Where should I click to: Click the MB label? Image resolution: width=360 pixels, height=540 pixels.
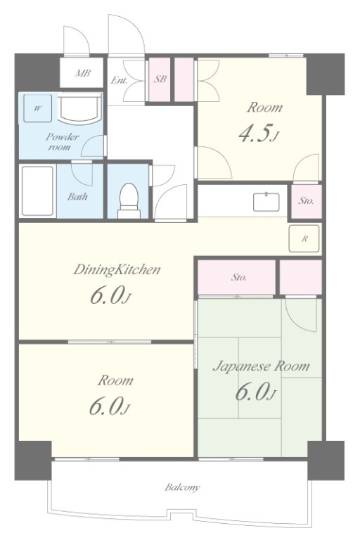pyautogui.click(x=83, y=73)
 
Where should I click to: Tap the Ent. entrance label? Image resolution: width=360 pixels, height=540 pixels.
pyautogui.click(x=119, y=81)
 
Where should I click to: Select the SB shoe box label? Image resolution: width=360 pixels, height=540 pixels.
pyautogui.click(x=160, y=79)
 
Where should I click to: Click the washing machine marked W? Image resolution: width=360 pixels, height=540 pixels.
pyautogui.click(x=37, y=108)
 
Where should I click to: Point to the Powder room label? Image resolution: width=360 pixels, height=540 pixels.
pyautogui.click(x=62, y=141)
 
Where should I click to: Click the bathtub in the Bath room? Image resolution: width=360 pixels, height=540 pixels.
pyautogui.click(x=37, y=191)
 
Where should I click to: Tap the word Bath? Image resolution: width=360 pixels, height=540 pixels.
pyautogui.click(x=77, y=197)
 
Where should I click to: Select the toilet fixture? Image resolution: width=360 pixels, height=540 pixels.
pyautogui.click(x=129, y=201)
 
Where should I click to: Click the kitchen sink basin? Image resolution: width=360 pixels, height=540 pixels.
pyautogui.click(x=266, y=202)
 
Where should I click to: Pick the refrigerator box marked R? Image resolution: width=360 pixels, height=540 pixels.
pyautogui.click(x=304, y=238)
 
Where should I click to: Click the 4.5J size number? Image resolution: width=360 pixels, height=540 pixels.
pyautogui.click(x=258, y=133)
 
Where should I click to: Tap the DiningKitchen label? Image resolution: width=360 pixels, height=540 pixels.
pyautogui.click(x=117, y=269)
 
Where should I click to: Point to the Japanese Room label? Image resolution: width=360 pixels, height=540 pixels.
pyautogui.click(x=261, y=366)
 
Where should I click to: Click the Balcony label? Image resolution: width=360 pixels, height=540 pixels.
pyautogui.click(x=182, y=487)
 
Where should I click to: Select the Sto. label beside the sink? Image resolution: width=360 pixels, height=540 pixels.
pyautogui.click(x=306, y=201)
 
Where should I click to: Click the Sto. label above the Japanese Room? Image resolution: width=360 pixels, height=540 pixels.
pyautogui.click(x=239, y=277)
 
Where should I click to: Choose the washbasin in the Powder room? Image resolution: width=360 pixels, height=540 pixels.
pyautogui.click(x=79, y=108)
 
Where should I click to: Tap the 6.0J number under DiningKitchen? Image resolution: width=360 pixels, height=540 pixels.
pyautogui.click(x=111, y=296)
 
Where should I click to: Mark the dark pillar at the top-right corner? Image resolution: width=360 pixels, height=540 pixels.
pyautogui.click(x=326, y=74)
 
